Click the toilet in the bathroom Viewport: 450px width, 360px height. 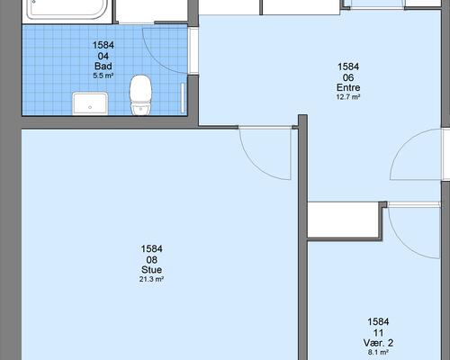[x=140, y=94]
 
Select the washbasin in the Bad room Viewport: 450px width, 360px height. [x=90, y=103]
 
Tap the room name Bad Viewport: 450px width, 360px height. [x=103, y=66]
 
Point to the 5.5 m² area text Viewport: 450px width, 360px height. [x=103, y=76]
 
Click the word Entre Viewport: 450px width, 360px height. [x=348, y=87]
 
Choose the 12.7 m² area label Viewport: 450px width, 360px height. [x=348, y=97]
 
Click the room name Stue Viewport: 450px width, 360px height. [x=151, y=270]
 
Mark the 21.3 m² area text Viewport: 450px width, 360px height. [x=151, y=279]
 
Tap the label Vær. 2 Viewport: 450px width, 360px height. [x=378, y=343]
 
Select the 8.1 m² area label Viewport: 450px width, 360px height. [x=378, y=352]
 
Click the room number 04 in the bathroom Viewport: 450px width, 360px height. [x=103, y=56]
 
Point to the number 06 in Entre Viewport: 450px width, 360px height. [x=348, y=77]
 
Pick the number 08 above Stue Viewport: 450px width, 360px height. [x=151, y=259]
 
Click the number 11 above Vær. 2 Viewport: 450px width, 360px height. [x=378, y=333]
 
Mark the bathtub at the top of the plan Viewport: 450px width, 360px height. [x=67, y=10]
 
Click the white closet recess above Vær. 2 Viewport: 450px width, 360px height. [x=344, y=220]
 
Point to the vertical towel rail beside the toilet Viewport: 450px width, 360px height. [x=183, y=98]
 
